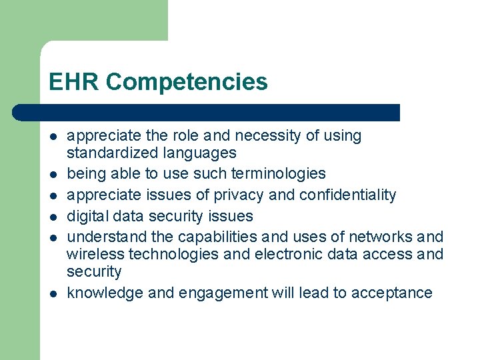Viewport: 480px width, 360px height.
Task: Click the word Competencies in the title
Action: click(187, 82)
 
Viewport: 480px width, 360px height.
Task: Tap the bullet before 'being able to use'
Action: click(52, 175)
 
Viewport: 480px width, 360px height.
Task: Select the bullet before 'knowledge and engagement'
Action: click(52, 293)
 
